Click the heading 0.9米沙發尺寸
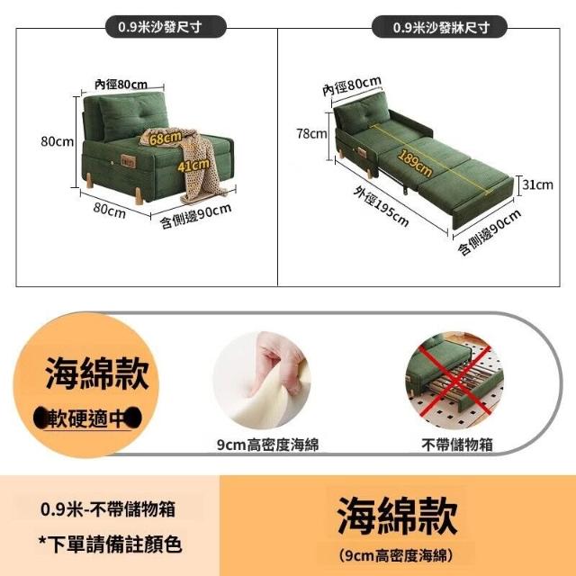pos(160,27)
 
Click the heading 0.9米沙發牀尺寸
pos(441,28)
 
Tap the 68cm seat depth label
pos(166,138)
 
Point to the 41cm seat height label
pos(193,165)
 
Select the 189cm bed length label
pos(415,163)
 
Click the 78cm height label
pos(312,134)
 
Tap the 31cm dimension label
pos(538,184)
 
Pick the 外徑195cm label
pos(381,206)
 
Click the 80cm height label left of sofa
pos(58,141)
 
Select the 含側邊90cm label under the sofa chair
pos(196,216)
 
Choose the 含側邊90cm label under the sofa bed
pos(489,232)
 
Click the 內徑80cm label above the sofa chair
pos(121,85)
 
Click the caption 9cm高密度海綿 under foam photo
pos(268,445)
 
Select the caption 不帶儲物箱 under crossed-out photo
pos(457,445)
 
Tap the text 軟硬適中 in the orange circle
pos(87,418)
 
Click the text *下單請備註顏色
pos(111,544)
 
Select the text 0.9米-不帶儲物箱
pos(108,509)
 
